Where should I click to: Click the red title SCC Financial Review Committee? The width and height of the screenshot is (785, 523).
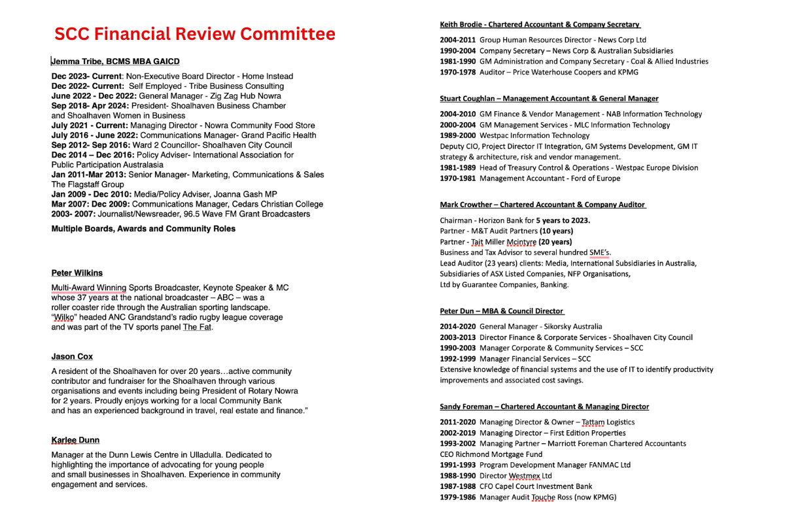194,34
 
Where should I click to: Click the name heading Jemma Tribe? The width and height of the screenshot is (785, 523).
115,61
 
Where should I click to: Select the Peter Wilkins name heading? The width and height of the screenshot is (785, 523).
77,273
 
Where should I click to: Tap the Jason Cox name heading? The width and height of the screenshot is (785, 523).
72,356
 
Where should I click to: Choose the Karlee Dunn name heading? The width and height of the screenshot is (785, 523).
75,440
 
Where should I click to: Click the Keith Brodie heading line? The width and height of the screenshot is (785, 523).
540,24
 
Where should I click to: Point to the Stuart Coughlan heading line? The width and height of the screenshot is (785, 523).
549,99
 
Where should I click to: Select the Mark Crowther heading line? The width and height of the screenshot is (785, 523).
542,205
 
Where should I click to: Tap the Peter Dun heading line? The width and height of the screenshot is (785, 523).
501,311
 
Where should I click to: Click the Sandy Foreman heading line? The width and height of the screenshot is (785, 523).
544,407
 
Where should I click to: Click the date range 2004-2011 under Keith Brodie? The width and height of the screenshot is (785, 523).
458,40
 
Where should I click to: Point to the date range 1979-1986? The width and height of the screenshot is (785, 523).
458,498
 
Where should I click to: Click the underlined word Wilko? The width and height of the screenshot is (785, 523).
63,317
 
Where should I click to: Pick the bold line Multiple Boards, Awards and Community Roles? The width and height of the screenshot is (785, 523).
143,229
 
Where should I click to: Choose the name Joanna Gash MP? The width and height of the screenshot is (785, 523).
247,194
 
